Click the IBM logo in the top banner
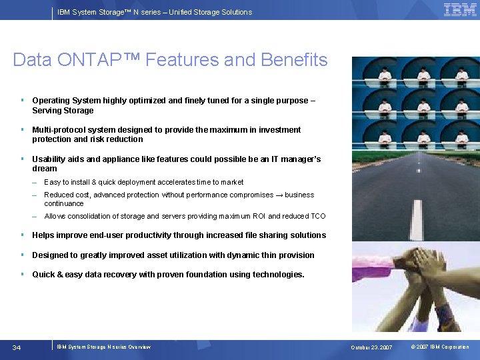coord(460,10)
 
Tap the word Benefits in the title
coord(295,60)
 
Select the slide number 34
coord(17,347)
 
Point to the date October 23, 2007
coord(373,347)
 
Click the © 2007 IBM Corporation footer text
coord(440,347)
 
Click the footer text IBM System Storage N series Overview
coord(103,347)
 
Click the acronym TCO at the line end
coord(317,216)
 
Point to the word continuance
coord(64,204)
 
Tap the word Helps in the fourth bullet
coord(43,235)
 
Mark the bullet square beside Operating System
coord(22,101)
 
